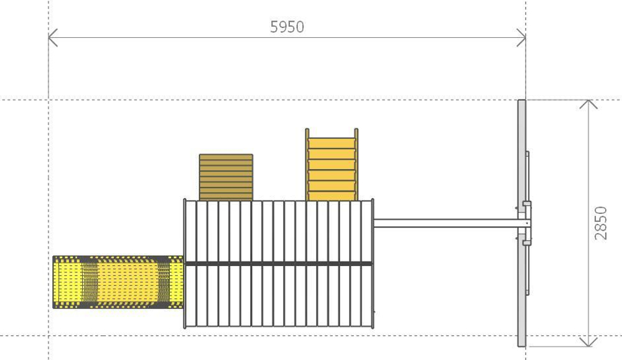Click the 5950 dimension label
pos(287,27)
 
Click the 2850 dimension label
pos(601,223)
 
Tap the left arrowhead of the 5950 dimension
pos(53,38)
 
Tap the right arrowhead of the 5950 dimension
pos(521,38)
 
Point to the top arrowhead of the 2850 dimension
pos(588,104)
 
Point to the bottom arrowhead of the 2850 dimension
pos(588,343)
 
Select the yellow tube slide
pos(118,282)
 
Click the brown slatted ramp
pos(226,177)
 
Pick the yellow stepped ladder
pos(332,165)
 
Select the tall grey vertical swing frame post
pos(522,223)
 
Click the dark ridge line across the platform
pos(279,264)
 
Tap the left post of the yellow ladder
pos(307,165)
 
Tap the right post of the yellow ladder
pos(356,165)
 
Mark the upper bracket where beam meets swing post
pos(527,204)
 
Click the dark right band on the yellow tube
pos(164,282)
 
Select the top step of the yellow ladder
pos(332,143)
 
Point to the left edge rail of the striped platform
pos(185,264)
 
